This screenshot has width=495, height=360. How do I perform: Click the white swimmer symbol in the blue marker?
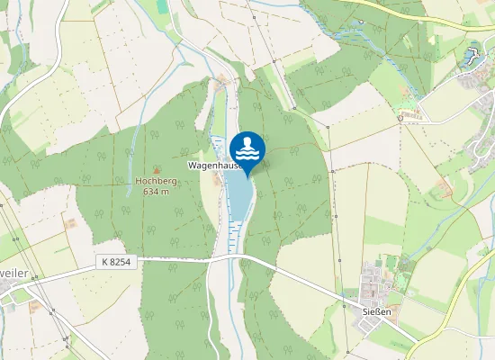247,146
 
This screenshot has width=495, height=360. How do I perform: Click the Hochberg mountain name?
156,180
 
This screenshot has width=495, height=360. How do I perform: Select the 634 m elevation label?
157,190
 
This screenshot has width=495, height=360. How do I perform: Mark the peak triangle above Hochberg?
157,169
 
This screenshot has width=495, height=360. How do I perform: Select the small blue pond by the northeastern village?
470,58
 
